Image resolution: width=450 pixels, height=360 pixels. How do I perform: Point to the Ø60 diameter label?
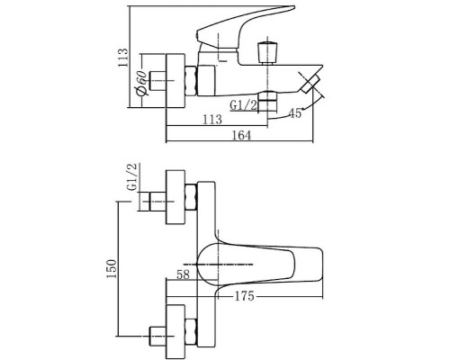click(x=141, y=86)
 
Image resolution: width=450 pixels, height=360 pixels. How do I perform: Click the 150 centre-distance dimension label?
click(x=110, y=269)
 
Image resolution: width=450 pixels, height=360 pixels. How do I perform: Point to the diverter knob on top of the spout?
click(x=266, y=50)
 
